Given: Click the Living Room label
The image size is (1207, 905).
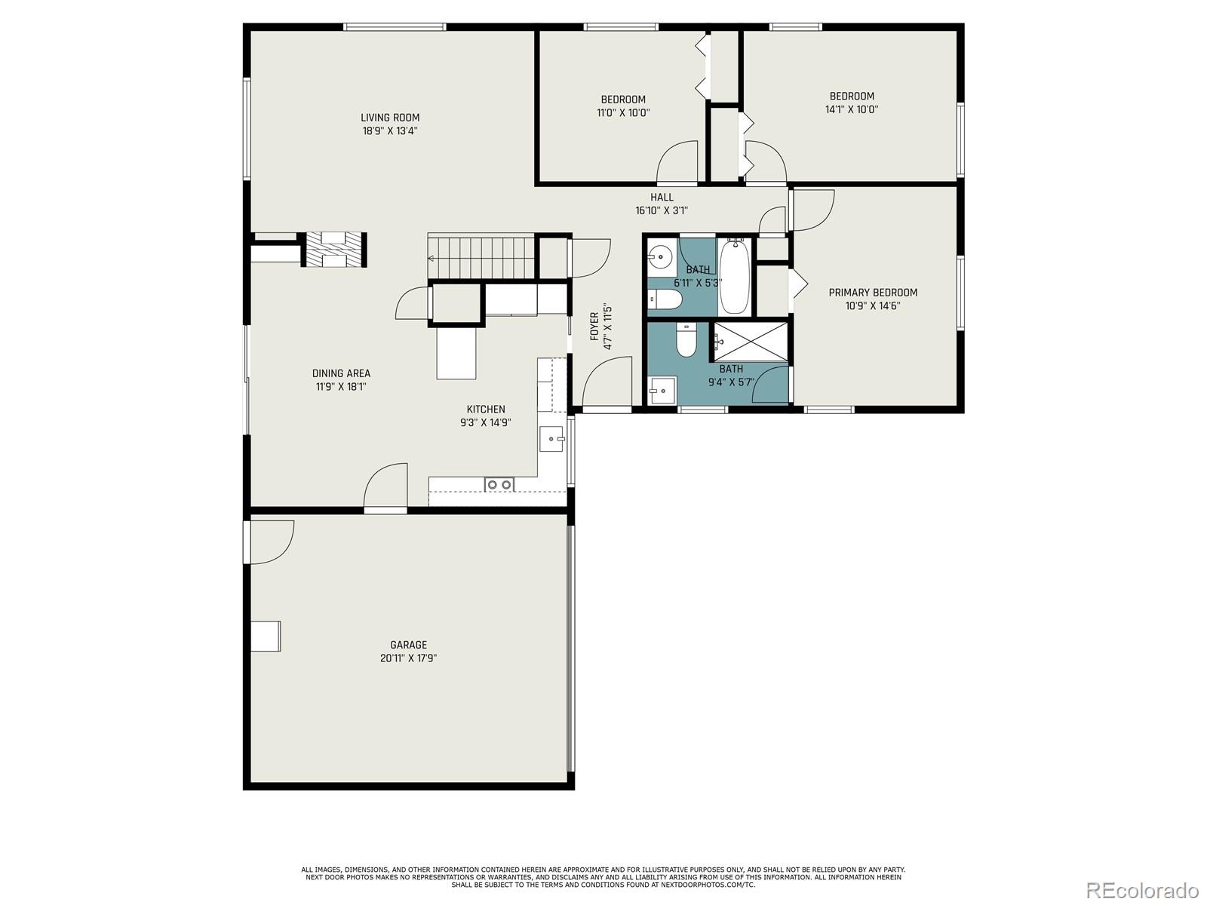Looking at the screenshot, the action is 390,118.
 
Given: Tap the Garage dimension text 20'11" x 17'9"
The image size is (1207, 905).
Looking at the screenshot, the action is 409,658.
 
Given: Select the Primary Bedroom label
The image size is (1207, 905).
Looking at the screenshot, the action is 873,293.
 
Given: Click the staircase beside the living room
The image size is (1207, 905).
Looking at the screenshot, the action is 482,258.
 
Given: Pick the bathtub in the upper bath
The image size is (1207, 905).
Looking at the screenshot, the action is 734,276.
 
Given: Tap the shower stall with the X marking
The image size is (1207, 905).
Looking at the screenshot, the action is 751,342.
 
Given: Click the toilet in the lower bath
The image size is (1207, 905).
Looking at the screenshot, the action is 686,340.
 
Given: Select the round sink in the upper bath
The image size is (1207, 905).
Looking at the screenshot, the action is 659,256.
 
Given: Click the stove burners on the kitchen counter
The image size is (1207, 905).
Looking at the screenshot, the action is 499,484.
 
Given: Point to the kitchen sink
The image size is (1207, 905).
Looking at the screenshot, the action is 551,438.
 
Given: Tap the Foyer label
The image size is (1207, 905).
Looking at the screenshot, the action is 594,327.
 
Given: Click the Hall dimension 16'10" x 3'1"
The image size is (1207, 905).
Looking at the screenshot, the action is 662,210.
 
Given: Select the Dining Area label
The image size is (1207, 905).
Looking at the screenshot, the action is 341,373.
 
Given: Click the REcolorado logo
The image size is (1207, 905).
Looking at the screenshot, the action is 1143,890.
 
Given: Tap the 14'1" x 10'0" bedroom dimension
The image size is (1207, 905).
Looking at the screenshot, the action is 851,109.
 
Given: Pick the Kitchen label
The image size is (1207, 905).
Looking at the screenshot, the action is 486,410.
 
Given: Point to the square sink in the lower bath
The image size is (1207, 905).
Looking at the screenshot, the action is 662,391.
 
